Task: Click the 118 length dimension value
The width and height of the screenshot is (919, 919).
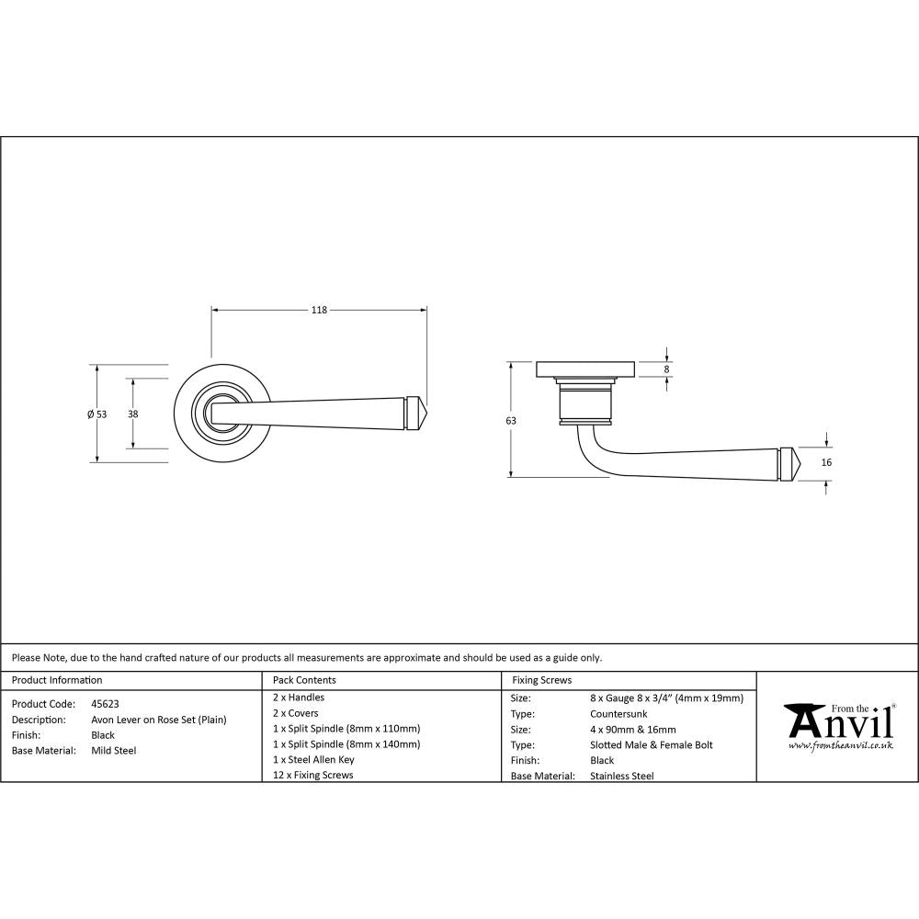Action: pos(318,310)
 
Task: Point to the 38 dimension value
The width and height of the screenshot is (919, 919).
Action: pos(133,414)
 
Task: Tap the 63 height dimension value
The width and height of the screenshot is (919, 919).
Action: pos(511,420)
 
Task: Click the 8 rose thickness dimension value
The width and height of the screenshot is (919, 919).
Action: pos(667,369)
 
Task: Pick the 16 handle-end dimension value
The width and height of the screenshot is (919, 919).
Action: pos(826,462)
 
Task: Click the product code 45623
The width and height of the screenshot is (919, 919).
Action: pos(105,703)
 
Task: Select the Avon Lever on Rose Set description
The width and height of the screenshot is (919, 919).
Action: pos(158,720)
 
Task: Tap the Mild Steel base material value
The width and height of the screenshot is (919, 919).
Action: pos(114,751)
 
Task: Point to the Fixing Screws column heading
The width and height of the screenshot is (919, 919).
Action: pos(542,680)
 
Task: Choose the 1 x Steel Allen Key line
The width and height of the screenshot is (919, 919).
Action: pos(313,760)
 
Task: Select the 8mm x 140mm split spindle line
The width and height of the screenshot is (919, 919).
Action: pos(347,744)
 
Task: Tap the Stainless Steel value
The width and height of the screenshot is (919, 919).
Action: pos(622,776)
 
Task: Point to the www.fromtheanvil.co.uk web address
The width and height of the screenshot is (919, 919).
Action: pos(840,745)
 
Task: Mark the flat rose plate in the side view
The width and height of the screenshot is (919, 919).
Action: pos(584,369)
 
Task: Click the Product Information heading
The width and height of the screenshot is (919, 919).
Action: pos(57,680)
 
